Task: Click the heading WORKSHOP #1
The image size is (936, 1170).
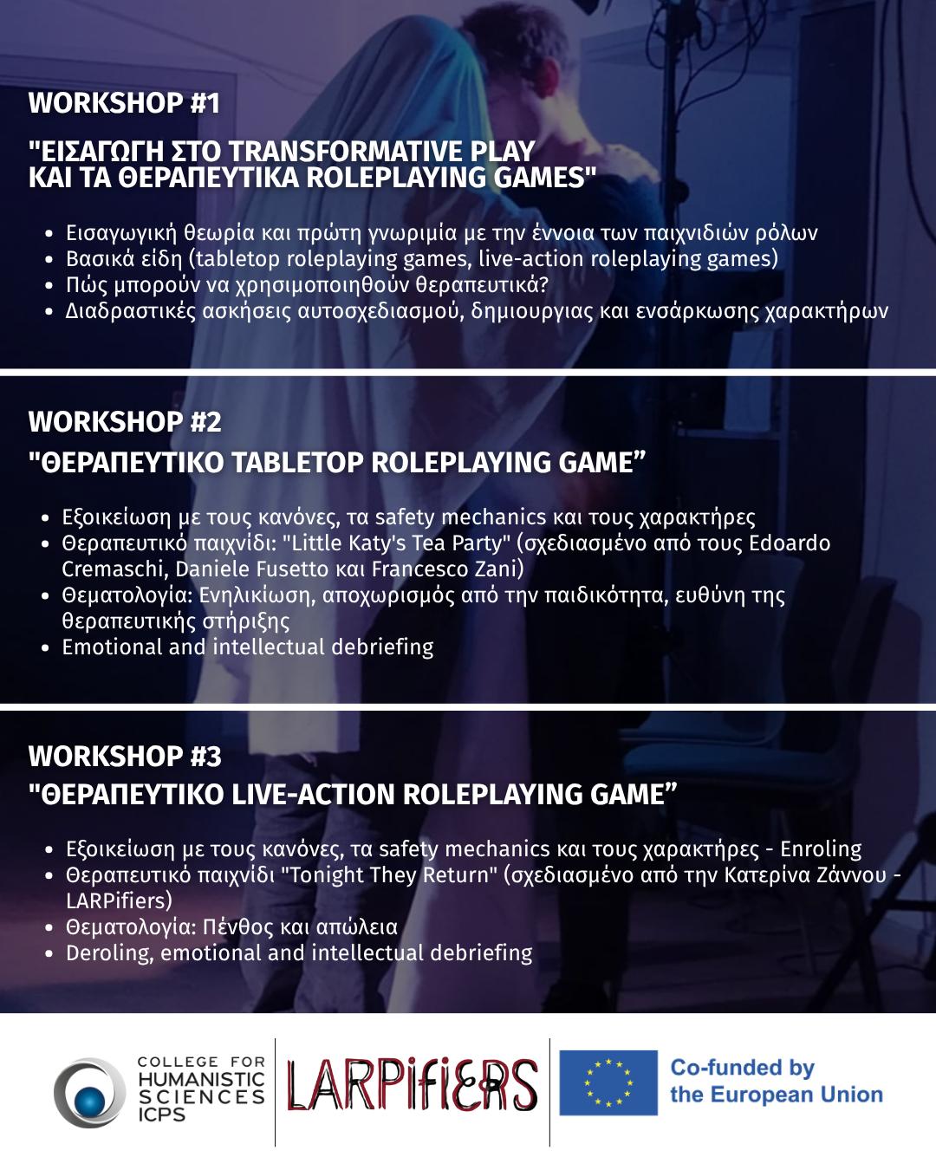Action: tap(124, 103)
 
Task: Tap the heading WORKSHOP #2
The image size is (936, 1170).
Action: tap(125, 422)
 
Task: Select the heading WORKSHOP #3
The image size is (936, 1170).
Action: tap(125, 757)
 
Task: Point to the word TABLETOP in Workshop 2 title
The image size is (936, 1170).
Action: tap(298, 463)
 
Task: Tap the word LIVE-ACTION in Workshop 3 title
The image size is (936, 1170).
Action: tap(313, 795)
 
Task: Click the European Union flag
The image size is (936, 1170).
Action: tap(608, 1083)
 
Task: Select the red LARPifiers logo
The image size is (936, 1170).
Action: tap(413, 1084)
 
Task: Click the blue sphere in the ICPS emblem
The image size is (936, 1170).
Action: tap(90, 1102)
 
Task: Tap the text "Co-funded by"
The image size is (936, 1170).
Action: tap(743, 1067)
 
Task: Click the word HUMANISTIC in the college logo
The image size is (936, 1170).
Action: tap(201, 1079)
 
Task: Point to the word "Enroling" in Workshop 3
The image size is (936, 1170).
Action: tap(821, 848)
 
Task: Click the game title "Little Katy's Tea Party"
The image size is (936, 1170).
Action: tap(395, 543)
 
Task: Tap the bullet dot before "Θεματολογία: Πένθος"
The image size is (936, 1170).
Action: tap(49, 928)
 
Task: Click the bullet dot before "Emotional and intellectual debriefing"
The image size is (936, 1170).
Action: tap(46, 648)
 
